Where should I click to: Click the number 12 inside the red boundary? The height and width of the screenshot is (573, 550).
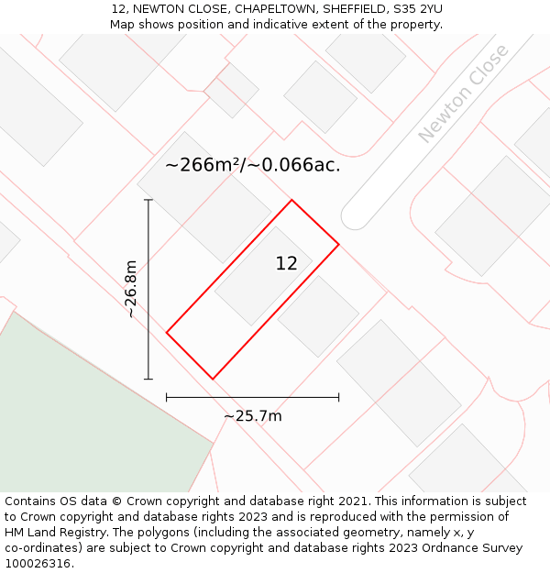click(x=286, y=264)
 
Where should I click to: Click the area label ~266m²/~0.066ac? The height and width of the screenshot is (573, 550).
click(x=253, y=165)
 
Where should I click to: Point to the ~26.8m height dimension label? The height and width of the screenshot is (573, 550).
click(x=131, y=288)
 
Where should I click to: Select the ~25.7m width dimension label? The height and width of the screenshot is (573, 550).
click(x=252, y=416)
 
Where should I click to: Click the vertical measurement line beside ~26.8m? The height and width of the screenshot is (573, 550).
click(x=148, y=289)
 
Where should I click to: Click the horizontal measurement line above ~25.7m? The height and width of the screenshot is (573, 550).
click(x=252, y=397)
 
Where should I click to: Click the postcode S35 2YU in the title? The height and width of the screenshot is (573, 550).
click(x=415, y=9)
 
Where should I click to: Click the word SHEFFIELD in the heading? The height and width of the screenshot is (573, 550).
click(x=353, y=9)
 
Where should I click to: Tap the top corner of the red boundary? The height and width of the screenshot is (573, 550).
click(x=291, y=201)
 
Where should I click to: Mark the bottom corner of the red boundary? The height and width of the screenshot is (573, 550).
click(x=213, y=379)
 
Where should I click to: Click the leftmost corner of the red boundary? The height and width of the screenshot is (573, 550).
click(x=167, y=332)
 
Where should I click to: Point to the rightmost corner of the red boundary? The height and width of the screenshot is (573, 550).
click(x=338, y=244)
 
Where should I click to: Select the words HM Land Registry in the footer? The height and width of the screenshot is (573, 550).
click(x=48, y=533)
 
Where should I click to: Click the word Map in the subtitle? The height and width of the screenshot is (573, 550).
click(x=124, y=25)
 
